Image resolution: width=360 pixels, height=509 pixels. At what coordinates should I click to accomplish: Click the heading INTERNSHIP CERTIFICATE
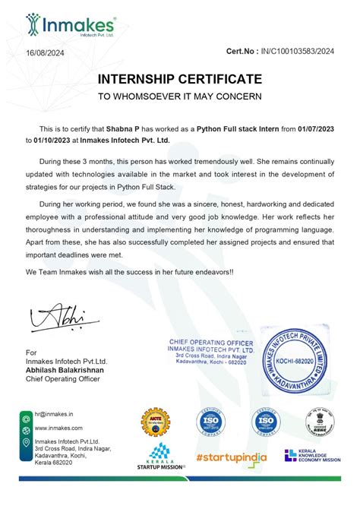point(179,79)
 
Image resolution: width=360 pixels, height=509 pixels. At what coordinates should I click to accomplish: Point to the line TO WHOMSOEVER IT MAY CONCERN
point(179,96)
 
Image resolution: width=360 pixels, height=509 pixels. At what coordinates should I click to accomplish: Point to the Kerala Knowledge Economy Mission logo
point(312,455)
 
